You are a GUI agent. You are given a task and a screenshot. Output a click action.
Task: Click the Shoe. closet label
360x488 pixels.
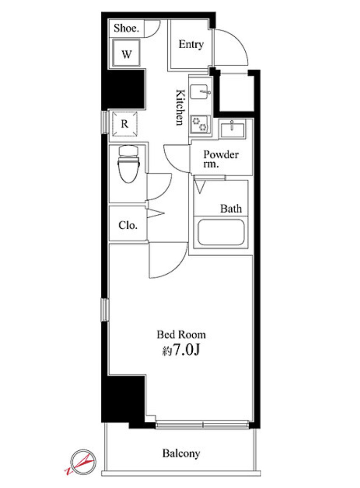tap(126, 28)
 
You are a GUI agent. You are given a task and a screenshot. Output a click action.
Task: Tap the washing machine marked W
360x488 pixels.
tap(126, 53)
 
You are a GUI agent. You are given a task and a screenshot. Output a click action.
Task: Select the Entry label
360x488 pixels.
tap(191, 44)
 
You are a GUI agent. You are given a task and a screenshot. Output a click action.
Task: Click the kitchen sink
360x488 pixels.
tap(199, 91)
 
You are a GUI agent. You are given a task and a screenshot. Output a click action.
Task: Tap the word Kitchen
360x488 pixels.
tap(180, 107)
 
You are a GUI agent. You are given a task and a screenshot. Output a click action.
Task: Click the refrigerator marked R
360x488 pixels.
tap(125, 124)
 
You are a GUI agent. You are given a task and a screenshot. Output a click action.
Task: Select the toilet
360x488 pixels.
tap(128, 164)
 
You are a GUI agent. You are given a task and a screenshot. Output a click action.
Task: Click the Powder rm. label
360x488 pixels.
tap(221, 159)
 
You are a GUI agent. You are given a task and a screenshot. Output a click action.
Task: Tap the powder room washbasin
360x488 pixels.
tap(232, 128)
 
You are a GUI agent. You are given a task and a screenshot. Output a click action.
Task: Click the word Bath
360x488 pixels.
tap(231, 208)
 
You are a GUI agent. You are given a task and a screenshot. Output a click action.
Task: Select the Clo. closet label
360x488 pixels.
tap(128, 225)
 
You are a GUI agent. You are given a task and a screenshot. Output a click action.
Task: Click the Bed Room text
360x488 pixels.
tap(181, 335)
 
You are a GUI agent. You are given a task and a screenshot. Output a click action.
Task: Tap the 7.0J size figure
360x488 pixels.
tap(186, 350)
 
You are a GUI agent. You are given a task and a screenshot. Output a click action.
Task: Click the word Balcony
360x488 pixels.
tap(181, 453)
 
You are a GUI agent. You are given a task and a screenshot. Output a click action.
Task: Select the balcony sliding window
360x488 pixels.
tap(202, 424)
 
